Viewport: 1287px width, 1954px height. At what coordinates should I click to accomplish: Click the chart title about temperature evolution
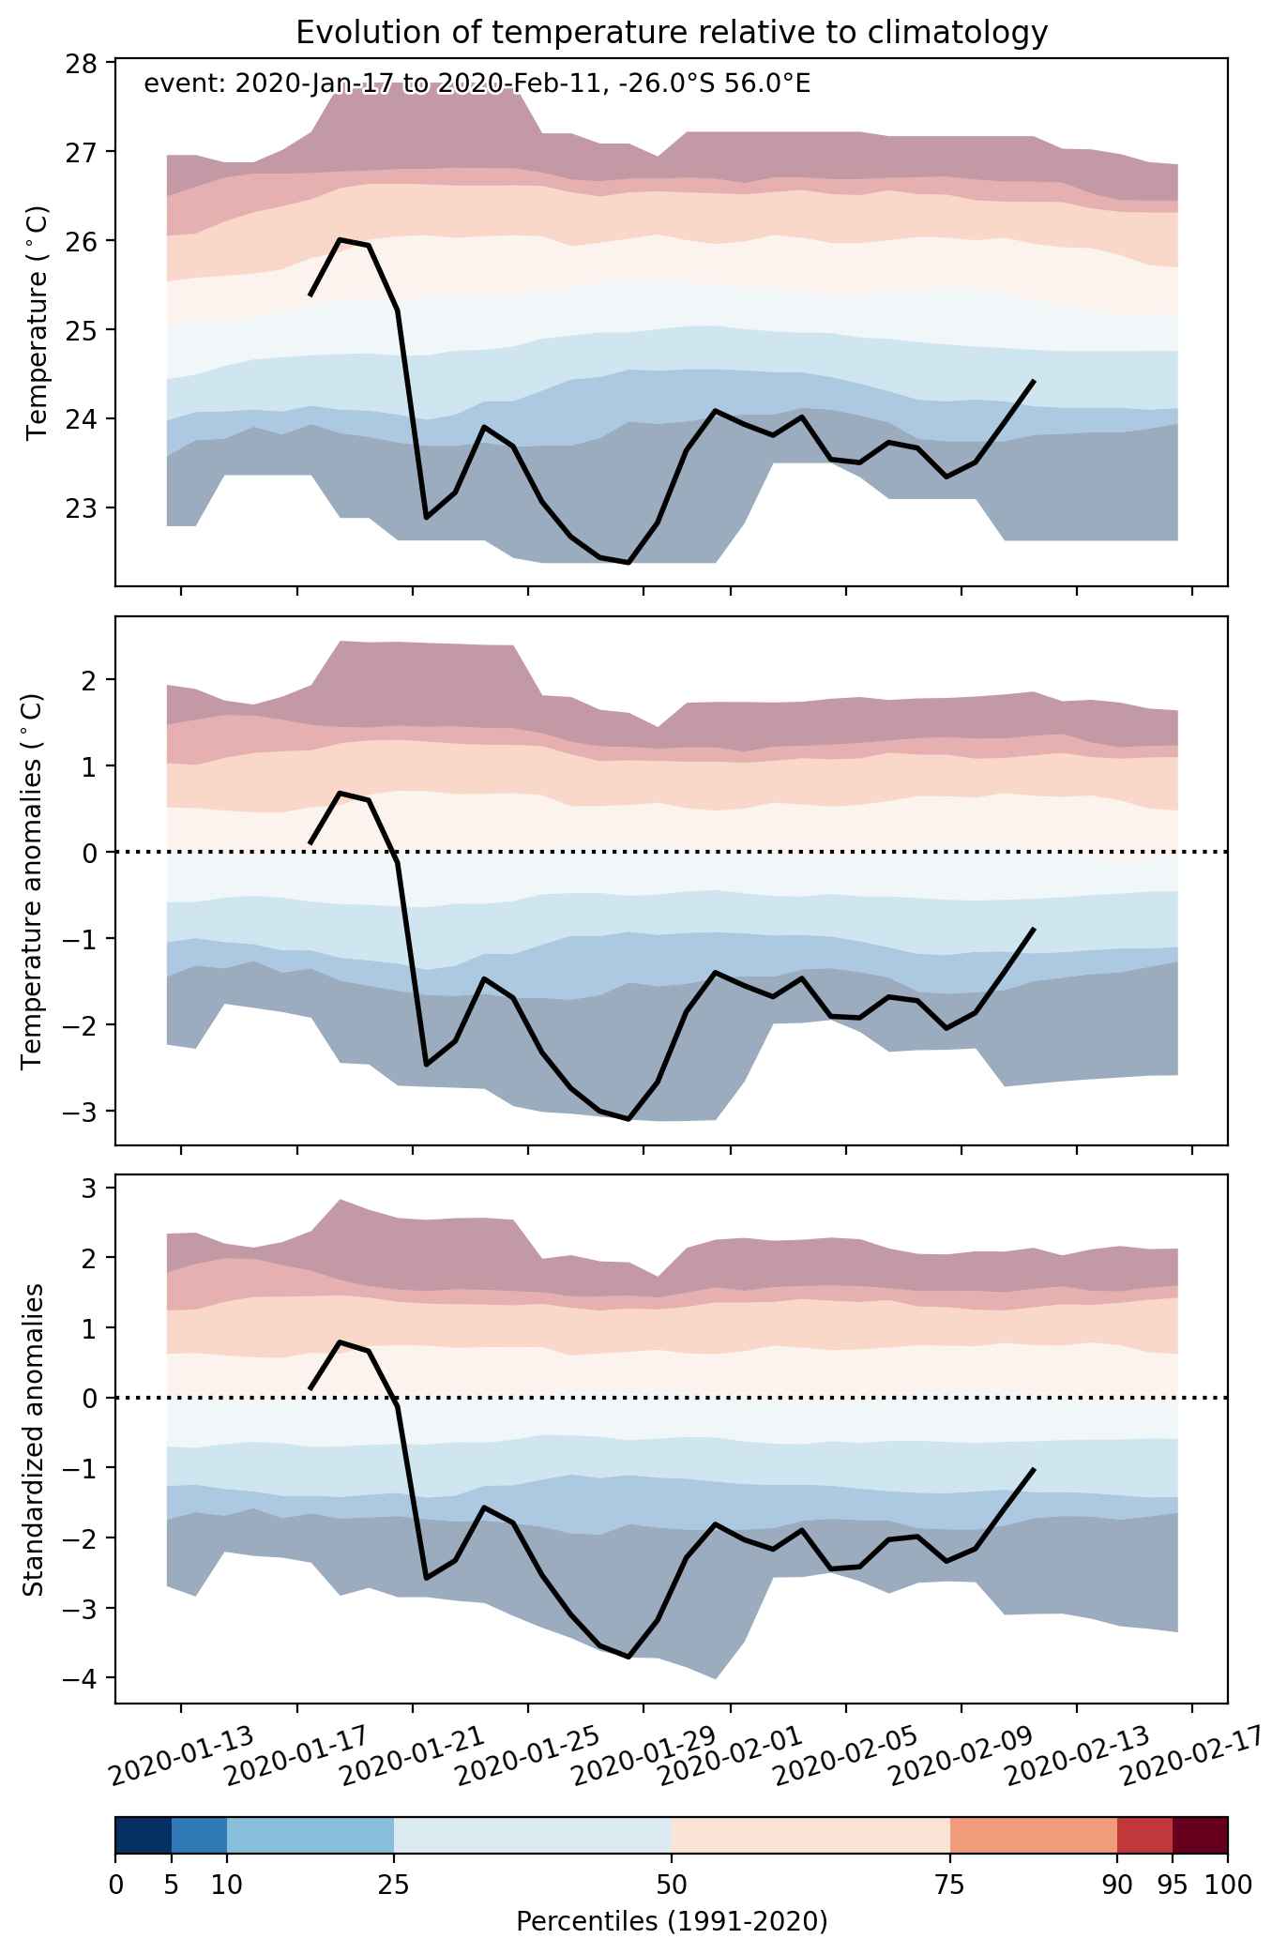[x=671, y=33]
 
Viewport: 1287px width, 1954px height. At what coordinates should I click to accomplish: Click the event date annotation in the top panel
[x=477, y=84]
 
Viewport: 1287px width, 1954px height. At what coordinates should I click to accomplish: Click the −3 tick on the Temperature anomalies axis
[x=83, y=1111]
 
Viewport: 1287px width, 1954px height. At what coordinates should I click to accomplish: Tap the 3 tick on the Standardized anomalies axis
[x=91, y=1188]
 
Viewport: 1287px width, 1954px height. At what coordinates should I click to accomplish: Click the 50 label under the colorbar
[x=672, y=1885]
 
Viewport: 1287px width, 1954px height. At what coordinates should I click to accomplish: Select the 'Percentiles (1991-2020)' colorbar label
[x=672, y=1923]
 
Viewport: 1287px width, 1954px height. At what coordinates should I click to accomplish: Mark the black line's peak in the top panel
[x=340, y=240]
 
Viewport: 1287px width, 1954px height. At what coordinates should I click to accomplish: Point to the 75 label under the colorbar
[x=950, y=1885]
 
